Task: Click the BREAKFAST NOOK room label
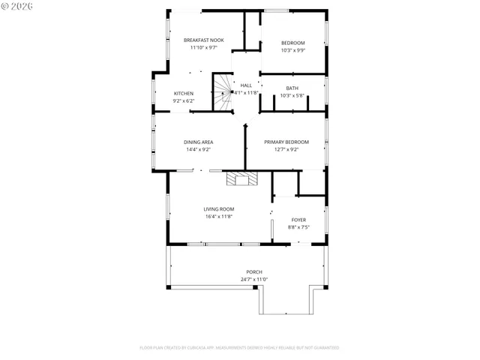(x=204, y=40)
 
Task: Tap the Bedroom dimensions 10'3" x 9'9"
(x=292, y=50)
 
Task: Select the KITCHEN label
(x=184, y=93)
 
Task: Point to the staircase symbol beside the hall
(x=222, y=93)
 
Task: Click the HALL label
(x=246, y=85)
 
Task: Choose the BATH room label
(x=292, y=88)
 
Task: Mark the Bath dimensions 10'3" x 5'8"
(x=292, y=95)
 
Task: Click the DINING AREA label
(x=199, y=142)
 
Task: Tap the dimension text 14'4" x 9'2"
(x=199, y=149)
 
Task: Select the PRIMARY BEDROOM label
(x=286, y=142)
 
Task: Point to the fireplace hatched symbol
(x=242, y=178)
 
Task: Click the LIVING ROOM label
(x=219, y=209)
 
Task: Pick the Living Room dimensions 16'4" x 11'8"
(x=219, y=217)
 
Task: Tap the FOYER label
(x=298, y=220)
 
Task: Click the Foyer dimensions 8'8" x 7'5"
(x=298, y=227)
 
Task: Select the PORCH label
(x=254, y=271)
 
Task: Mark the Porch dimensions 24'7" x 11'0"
(x=254, y=279)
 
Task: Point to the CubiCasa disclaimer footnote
(x=239, y=347)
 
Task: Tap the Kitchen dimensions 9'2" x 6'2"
(x=184, y=100)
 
